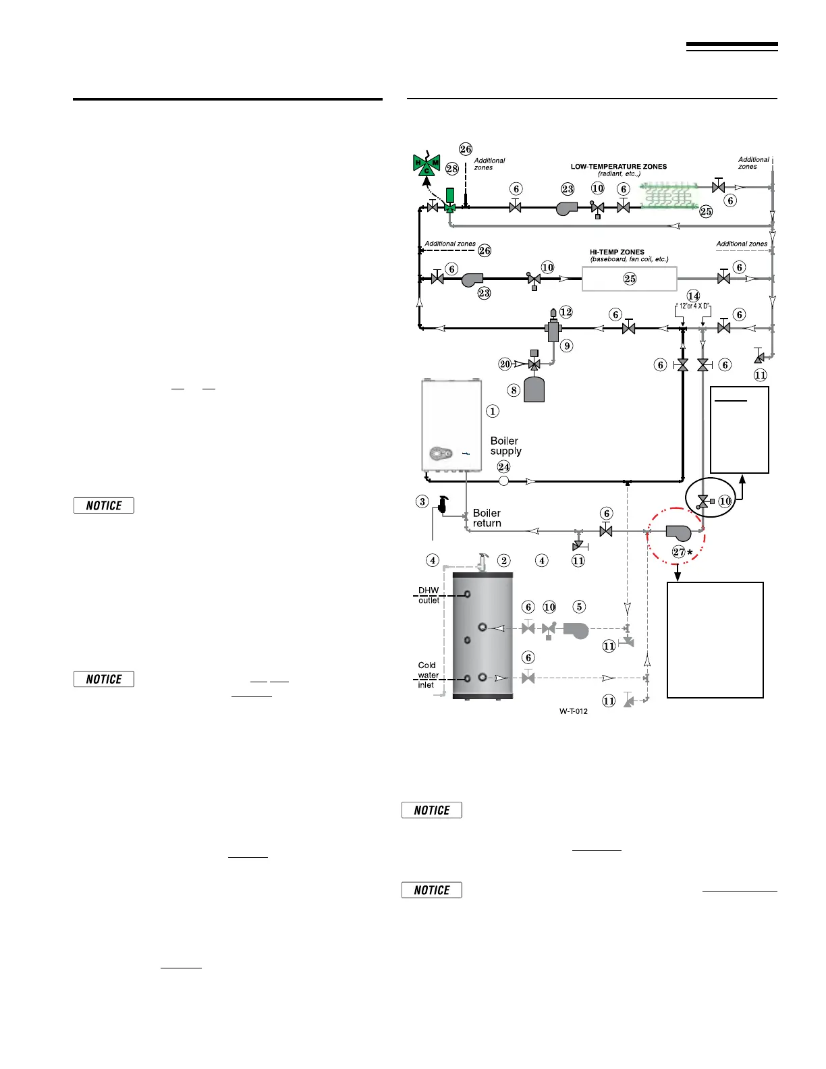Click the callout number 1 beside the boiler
point(493,411)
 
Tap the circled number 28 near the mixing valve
point(451,169)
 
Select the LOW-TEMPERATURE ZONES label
point(618,167)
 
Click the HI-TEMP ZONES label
point(617,252)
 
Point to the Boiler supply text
point(505,446)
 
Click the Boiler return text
point(487,518)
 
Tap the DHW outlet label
point(428,595)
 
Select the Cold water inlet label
point(427,675)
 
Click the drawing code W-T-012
point(573,711)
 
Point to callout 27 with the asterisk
point(682,552)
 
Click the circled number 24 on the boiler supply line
point(503,466)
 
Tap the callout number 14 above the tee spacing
point(693,296)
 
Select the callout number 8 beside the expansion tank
point(514,390)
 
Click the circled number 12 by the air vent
point(566,312)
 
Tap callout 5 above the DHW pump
point(578,607)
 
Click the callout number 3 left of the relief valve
point(422,501)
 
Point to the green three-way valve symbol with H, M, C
point(426,165)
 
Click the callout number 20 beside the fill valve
point(505,364)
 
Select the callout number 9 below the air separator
point(567,346)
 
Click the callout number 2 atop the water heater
point(503,560)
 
